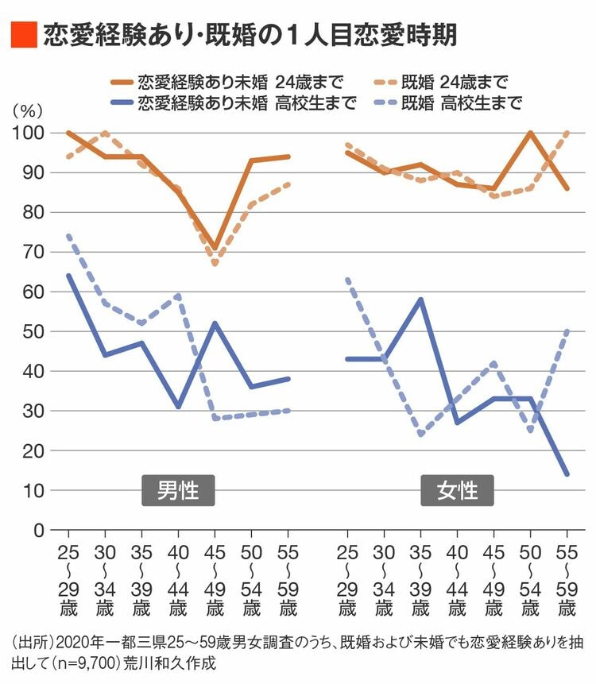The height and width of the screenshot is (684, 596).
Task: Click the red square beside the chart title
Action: tap(24, 33)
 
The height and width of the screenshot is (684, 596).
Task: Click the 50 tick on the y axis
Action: tap(33, 331)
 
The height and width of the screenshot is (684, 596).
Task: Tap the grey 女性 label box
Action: tap(458, 490)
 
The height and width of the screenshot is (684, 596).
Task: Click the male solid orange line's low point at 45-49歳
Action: tap(215, 249)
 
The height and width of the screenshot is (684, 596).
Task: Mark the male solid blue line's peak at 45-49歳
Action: tap(215, 323)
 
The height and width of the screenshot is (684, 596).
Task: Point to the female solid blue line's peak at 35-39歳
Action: tap(420, 299)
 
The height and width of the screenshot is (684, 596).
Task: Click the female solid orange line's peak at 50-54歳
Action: tap(530, 133)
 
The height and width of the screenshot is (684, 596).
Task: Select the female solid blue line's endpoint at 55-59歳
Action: tap(567, 474)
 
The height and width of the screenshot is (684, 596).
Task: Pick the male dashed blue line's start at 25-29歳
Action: tap(68, 236)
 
